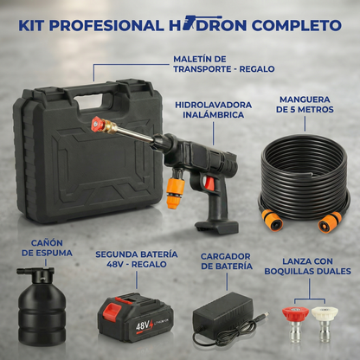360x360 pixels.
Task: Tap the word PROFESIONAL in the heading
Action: pos(106,25)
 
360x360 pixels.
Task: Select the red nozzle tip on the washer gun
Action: pos(98,125)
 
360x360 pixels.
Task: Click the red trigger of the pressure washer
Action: pos(210,183)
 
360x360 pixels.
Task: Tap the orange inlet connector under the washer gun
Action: pos(175,190)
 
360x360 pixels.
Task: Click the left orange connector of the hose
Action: pos(272,220)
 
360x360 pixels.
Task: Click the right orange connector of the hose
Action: pos(330,222)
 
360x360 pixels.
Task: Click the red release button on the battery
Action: pos(112,310)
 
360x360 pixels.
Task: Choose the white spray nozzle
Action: pos(325,325)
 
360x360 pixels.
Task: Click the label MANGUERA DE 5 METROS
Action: pos(305,105)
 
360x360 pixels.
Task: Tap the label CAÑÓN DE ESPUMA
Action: pos(47,248)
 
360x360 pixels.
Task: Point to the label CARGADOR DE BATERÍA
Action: pos(227,261)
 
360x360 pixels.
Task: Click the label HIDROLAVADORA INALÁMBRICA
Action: pos(214,110)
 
